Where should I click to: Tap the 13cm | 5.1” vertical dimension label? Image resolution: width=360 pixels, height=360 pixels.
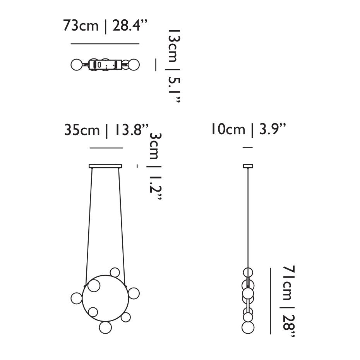(x=173, y=66)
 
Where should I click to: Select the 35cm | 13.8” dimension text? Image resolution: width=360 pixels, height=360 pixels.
(x=106, y=130)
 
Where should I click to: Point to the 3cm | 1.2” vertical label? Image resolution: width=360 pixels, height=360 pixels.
(x=155, y=166)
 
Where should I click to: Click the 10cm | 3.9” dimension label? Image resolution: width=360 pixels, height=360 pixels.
(x=249, y=130)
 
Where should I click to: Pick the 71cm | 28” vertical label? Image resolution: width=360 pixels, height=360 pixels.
(x=288, y=301)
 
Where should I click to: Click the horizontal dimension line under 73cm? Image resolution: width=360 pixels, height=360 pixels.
(x=105, y=44)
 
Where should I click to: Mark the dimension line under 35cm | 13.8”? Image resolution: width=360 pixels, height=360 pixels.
(x=106, y=148)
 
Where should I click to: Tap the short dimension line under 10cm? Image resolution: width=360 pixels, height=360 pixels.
(x=248, y=147)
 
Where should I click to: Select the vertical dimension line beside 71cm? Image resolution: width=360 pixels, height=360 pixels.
(x=271, y=301)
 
